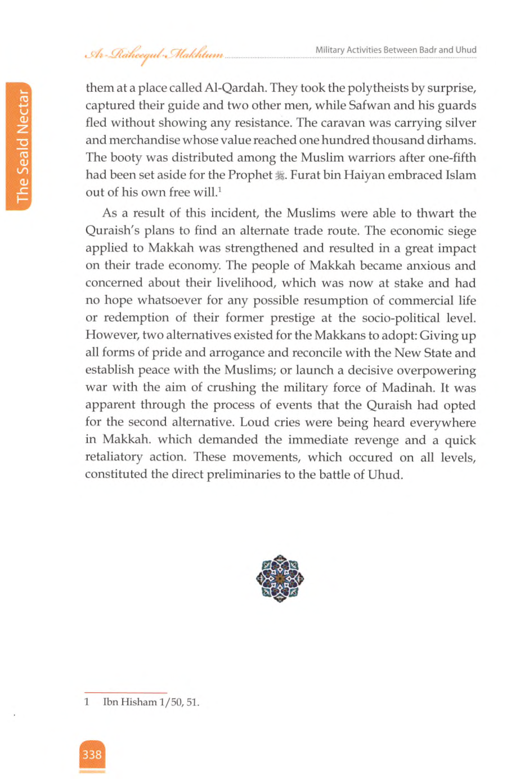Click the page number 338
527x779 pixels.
(x=92, y=754)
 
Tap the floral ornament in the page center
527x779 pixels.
(x=280, y=579)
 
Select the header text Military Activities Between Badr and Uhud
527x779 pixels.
(x=396, y=50)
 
